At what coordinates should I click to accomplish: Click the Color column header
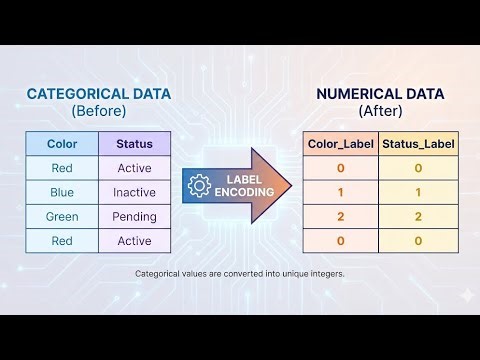[62, 144]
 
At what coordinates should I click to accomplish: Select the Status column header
[134, 144]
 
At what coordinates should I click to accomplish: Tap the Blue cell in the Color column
[62, 192]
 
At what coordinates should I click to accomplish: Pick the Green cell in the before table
[62, 216]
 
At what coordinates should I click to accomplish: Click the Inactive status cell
[134, 192]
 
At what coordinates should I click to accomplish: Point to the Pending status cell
[134, 216]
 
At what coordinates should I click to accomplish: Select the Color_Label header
[340, 144]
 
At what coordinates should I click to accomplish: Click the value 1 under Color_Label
[340, 192]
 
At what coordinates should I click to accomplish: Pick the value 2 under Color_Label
[340, 216]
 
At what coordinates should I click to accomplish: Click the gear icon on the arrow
[199, 185]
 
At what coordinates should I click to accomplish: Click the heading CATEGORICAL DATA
[98, 94]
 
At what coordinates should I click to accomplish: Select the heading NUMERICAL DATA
[379, 94]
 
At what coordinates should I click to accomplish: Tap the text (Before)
[98, 110]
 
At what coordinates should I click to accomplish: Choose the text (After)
[379, 110]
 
